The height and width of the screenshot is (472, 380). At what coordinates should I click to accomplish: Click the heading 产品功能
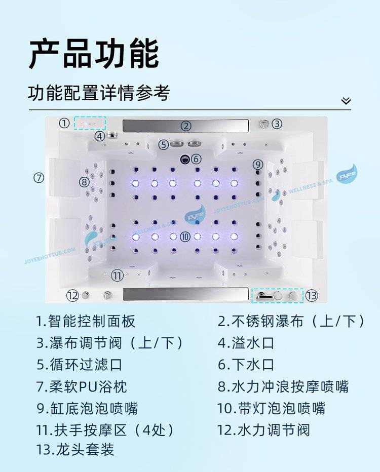[94, 54]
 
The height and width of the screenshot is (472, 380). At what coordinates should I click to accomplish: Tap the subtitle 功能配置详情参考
[99, 92]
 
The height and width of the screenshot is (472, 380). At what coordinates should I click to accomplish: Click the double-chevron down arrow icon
[346, 101]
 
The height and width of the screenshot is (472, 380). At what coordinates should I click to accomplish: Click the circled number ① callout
[64, 123]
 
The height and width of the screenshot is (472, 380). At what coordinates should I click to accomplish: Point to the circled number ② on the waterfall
[186, 126]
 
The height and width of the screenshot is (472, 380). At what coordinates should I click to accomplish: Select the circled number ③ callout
[277, 124]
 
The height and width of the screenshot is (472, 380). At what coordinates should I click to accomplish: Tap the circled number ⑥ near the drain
[196, 159]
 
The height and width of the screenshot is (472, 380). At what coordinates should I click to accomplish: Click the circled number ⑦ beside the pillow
[39, 178]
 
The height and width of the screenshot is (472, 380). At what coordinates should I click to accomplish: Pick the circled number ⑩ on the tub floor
[185, 237]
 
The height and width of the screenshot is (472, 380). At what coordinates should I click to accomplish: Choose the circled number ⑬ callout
[312, 296]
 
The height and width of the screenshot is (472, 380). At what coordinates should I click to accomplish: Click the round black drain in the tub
[185, 159]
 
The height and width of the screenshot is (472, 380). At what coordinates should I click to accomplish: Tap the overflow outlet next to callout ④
[111, 135]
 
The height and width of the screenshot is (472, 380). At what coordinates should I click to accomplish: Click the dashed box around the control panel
[90, 123]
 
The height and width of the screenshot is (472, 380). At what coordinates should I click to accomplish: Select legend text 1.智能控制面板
[86, 321]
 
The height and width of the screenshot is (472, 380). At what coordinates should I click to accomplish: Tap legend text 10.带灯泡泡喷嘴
[271, 409]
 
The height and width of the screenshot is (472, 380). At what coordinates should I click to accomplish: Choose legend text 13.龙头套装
[75, 450]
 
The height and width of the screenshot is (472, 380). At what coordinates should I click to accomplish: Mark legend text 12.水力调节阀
[263, 430]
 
